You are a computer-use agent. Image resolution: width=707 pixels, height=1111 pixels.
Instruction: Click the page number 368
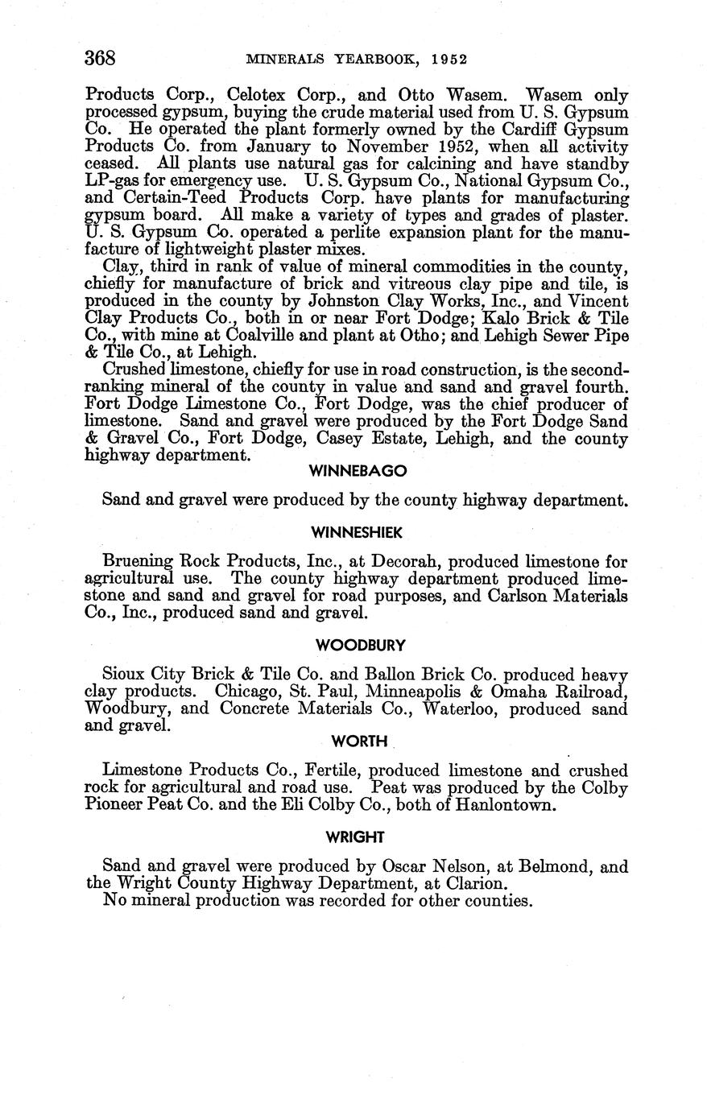(x=101, y=59)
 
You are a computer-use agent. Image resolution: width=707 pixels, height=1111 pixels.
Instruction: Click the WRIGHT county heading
(x=355, y=837)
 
